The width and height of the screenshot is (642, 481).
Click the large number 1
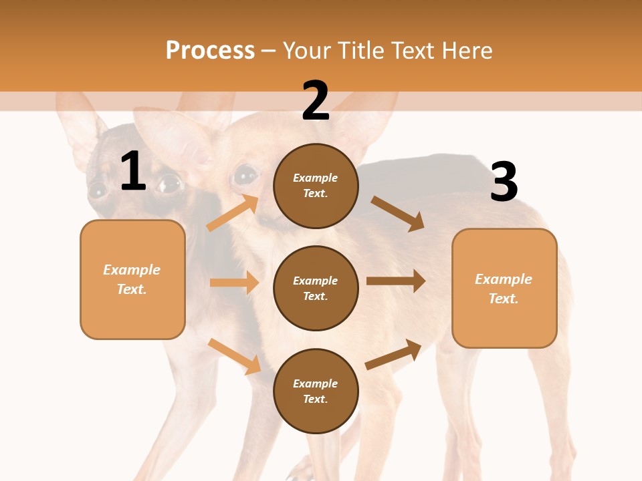[133, 172]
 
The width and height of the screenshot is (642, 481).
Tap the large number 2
[315, 102]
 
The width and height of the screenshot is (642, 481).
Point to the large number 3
[504, 183]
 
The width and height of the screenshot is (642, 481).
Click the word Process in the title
[210, 50]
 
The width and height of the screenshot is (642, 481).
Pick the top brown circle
[316, 186]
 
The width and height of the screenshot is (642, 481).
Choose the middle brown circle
[316, 288]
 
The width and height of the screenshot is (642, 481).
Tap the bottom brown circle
[316, 391]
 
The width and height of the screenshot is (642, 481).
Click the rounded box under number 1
[132, 279]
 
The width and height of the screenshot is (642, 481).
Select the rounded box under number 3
[504, 288]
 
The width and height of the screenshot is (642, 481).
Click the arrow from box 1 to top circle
[233, 212]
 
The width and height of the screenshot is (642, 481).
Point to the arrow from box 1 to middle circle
[234, 283]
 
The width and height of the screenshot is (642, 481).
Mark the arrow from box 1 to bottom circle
[234, 356]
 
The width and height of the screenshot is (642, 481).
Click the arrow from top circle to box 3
[397, 213]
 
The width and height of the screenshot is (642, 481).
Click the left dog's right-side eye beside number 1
[170, 182]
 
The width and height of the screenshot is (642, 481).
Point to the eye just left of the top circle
[245, 175]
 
